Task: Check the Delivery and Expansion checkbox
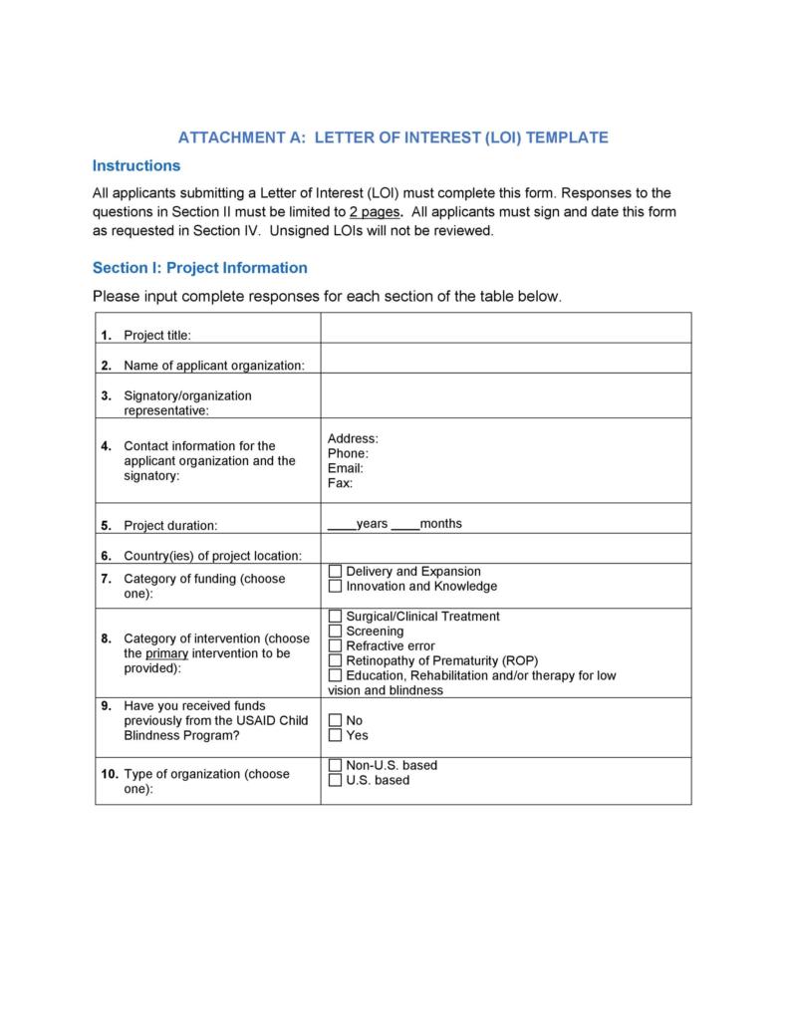[335, 572]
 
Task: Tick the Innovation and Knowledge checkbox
[335, 587]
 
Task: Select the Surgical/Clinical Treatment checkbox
[335, 617]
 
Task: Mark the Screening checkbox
[335, 632]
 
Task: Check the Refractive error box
[335, 646]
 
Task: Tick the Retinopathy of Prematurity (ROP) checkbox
[335, 660]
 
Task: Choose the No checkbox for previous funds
[335, 720]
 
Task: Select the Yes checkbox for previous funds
[335, 735]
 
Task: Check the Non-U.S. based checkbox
[335, 765]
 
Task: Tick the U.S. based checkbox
[335, 780]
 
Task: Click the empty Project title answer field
[505, 328]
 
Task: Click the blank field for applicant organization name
[505, 359]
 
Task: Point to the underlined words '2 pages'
[376, 212]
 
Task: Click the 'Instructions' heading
[136, 165]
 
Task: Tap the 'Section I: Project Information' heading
[200, 268]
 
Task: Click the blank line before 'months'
[405, 525]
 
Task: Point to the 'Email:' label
[346, 468]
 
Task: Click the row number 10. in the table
[110, 774]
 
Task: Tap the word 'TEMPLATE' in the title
[567, 137]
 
